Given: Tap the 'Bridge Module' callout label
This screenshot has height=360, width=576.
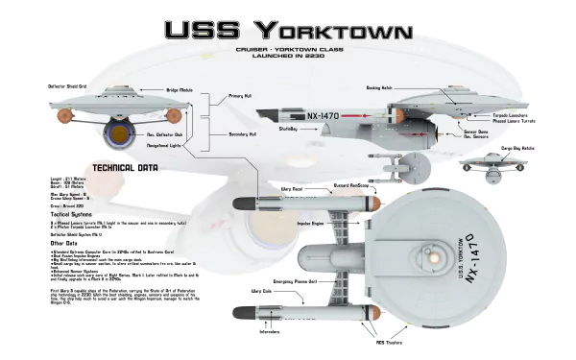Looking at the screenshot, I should pyautogui.click(x=180, y=89).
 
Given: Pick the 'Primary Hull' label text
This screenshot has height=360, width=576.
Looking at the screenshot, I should pyautogui.click(x=241, y=96).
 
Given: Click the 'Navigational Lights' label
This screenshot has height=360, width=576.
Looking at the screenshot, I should pyautogui.click(x=164, y=147).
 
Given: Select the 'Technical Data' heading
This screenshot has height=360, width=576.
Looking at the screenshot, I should pyautogui.click(x=119, y=167).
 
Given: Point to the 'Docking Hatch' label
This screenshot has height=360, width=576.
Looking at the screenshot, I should pyautogui.click(x=380, y=86).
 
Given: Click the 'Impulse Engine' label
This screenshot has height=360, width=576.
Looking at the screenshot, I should pyautogui.click(x=312, y=224).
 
